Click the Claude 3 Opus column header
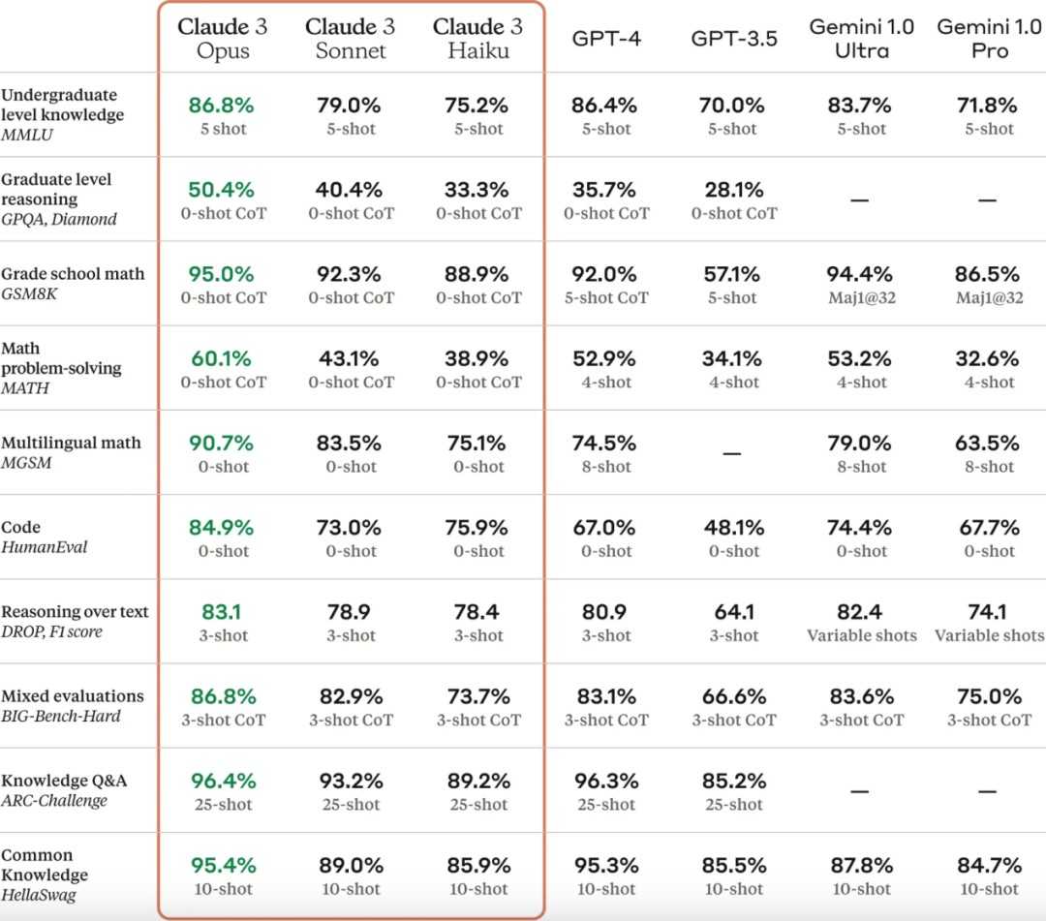tap(223, 38)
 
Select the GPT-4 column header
tap(606, 40)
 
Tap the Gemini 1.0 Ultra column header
tap(861, 39)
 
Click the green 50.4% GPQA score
tap(223, 190)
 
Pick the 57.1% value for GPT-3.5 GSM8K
tap(733, 274)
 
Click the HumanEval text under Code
tap(45, 547)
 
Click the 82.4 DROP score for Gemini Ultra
tap(860, 612)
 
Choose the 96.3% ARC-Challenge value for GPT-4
tap(606, 781)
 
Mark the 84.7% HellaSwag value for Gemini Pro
tap(988, 865)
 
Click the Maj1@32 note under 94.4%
tap(861, 298)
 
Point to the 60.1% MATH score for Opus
tap(223, 358)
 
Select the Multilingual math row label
tap(71, 443)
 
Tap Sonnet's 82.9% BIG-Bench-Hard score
tap(351, 696)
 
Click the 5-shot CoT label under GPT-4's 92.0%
tap(606, 298)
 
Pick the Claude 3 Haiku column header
tap(478, 38)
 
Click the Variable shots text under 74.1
tap(988, 636)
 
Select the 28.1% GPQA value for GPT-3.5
tap(733, 190)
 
